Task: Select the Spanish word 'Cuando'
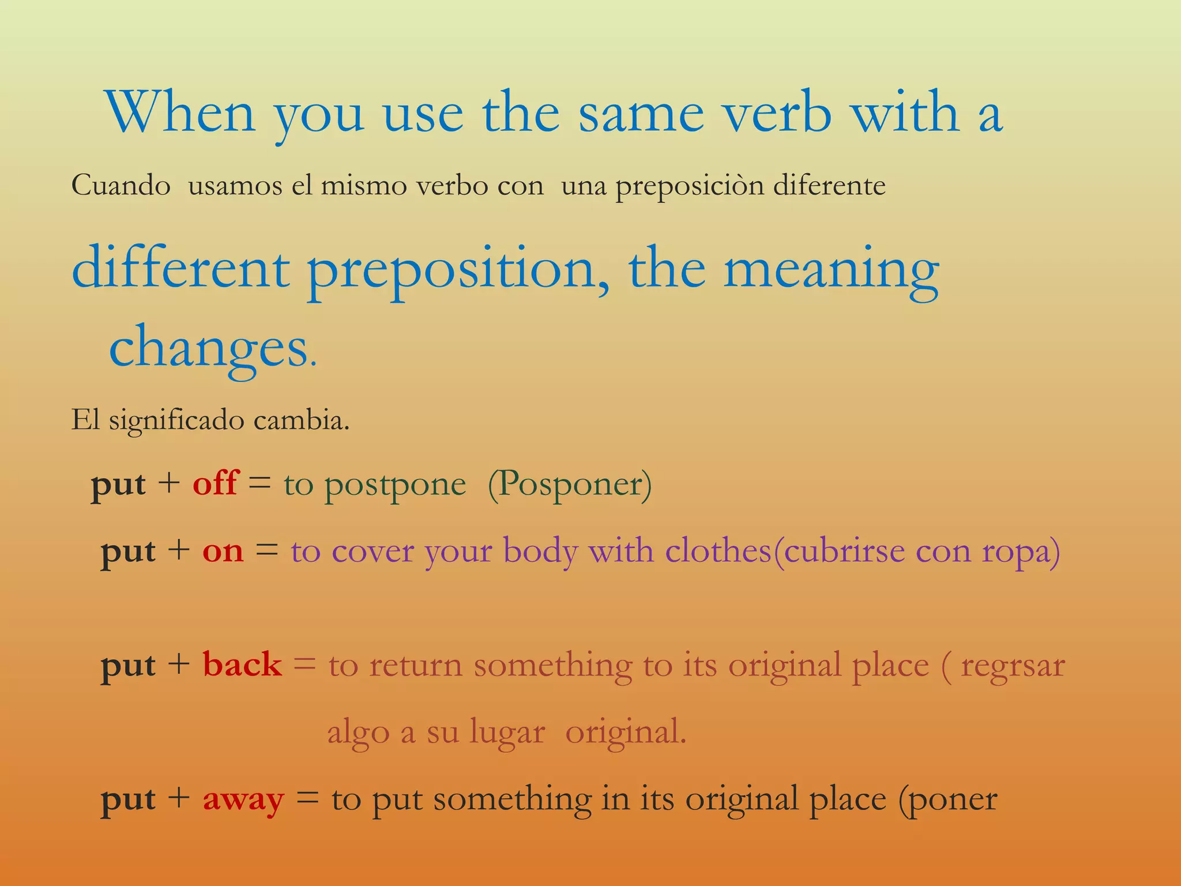121,186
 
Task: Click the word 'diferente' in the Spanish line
829,186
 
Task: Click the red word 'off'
215,483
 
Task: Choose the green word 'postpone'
395,485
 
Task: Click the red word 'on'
223,551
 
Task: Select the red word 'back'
242,664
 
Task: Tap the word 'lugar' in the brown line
507,733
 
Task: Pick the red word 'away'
243,800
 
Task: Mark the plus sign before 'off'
169,483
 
